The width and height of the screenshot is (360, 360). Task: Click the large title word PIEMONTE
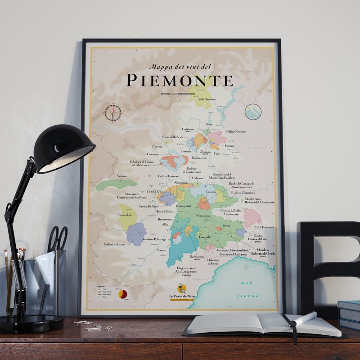click(179, 80)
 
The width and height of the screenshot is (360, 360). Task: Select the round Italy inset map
click(253, 112)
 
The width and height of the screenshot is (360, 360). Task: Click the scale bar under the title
click(179, 94)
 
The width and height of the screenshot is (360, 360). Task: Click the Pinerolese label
click(125, 215)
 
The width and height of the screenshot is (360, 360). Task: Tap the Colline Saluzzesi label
click(114, 244)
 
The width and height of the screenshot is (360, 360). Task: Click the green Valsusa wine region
click(116, 184)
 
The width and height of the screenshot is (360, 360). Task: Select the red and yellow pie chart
click(122, 294)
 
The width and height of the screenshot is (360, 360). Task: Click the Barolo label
click(161, 249)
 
